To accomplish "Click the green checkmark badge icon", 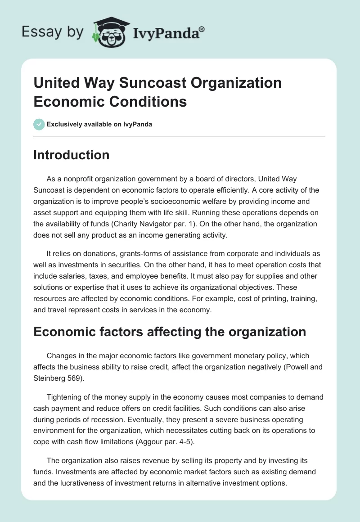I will point(39,124).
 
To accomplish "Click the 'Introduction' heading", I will point(72,155).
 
